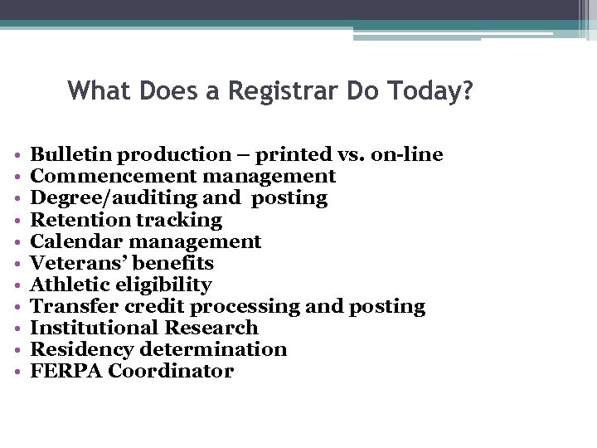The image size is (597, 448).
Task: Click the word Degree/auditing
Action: coord(113,197)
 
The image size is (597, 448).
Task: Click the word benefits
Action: coord(175,263)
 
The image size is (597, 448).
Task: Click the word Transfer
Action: coord(71,306)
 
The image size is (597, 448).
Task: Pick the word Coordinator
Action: coord(171,371)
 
